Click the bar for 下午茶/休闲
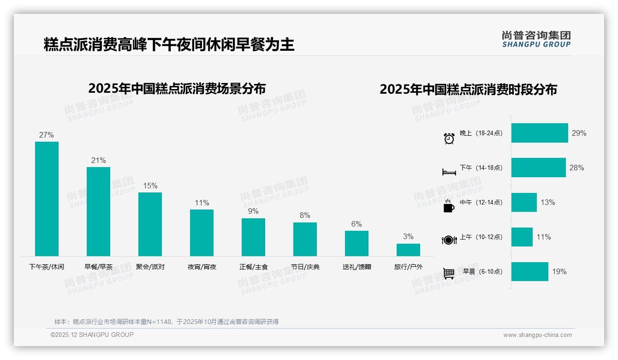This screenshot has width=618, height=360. click(47, 199)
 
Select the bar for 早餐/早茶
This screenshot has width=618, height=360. click(99, 211)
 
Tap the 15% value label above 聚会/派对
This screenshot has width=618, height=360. click(150, 186)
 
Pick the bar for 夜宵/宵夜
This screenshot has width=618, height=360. click(202, 233)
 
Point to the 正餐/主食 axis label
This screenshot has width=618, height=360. click(254, 267)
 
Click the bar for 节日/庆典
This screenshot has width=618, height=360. click(305, 239)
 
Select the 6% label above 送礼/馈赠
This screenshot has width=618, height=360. click(357, 224)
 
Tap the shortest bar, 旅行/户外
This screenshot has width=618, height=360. click(408, 250)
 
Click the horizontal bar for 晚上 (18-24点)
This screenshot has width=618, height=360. click(540, 133)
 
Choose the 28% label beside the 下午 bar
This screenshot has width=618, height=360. click(576, 168)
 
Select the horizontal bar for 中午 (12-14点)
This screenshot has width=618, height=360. click(524, 202)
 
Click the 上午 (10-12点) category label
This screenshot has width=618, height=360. click(481, 237)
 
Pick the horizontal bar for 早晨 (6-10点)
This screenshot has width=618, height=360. click(530, 271)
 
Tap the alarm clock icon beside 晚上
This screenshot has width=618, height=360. click(449, 138)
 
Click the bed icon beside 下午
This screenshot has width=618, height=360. click(449, 172)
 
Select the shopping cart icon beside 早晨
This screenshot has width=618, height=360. click(449, 273)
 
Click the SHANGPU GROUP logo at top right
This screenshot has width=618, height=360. click(536, 39)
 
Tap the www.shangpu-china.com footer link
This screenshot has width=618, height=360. click(537, 335)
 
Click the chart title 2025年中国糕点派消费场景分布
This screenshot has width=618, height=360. click(177, 88)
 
